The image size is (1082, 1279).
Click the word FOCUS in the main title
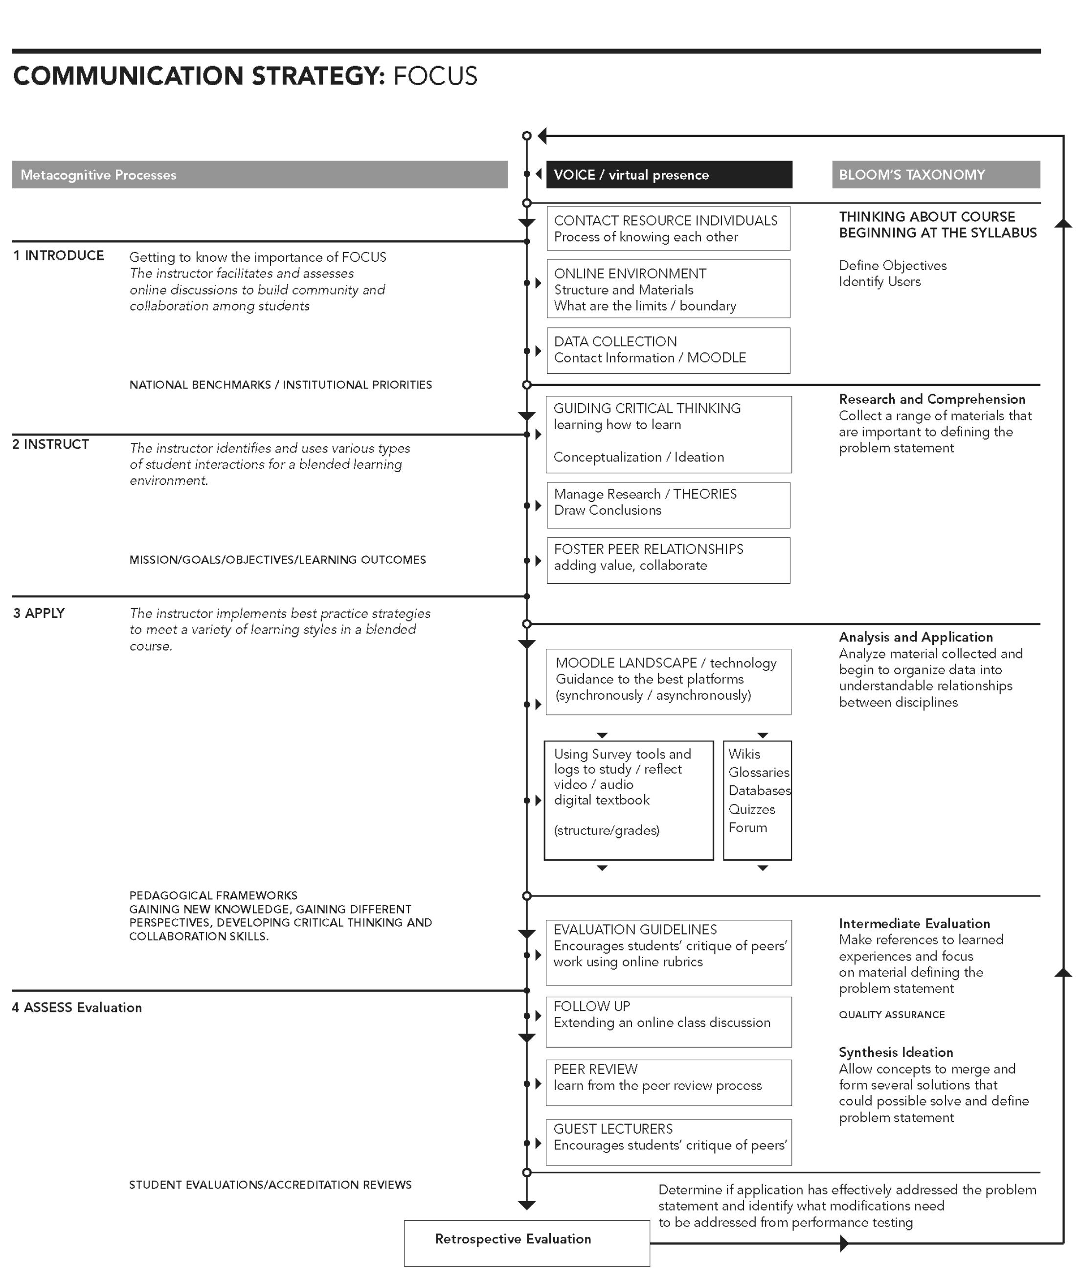click(435, 76)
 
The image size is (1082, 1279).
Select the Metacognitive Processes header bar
click(259, 175)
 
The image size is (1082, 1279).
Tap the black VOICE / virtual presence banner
click(669, 175)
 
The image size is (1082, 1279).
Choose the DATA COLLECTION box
click(668, 350)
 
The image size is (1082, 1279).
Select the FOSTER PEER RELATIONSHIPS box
click(668, 560)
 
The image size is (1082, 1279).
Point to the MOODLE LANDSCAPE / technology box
click(668, 681)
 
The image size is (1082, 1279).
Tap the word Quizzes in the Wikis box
click(751, 809)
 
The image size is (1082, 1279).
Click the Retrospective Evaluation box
click(526, 1243)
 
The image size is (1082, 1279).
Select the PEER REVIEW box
click(668, 1083)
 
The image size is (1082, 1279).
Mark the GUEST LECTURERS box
click(668, 1142)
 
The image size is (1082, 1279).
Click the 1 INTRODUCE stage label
click(59, 256)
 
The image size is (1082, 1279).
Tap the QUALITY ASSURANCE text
click(891, 1015)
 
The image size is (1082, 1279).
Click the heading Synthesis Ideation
click(896, 1052)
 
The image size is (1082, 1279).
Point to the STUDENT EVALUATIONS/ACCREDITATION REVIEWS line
click(270, 1185)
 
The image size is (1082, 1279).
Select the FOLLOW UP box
click(668, 1021)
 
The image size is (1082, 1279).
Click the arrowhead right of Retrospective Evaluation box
click(844, 1243)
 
